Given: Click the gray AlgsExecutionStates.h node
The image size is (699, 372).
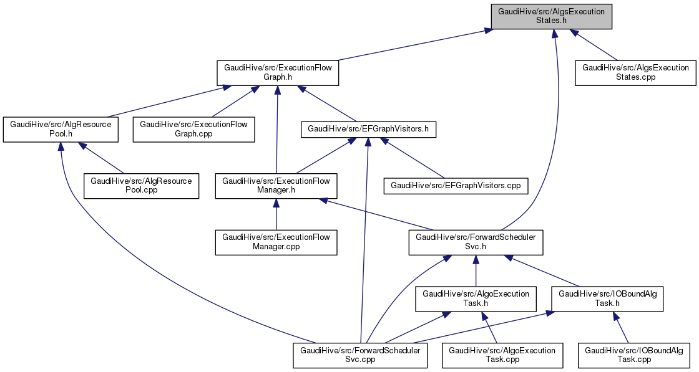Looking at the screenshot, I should [551, 16].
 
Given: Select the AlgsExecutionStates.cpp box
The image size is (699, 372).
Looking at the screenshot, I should [635, 73].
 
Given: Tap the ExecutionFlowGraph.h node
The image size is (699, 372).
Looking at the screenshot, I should [277, 73].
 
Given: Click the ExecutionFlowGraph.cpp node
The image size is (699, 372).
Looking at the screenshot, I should [193, 130].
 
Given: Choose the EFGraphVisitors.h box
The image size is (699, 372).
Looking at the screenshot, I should [368, 130].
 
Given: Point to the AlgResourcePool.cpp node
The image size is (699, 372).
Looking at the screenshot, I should [141, 186].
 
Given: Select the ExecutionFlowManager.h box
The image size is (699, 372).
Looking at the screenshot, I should [276, 186].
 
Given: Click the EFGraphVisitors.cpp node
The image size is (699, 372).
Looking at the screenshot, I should [456, 186].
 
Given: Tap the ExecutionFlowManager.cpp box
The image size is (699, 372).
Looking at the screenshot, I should [276, 242].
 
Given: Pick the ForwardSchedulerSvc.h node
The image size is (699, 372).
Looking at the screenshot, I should [476, 242].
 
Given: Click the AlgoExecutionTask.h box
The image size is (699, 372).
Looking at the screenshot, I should [476, 298].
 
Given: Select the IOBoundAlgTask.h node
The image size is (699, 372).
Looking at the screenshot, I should [607, 298].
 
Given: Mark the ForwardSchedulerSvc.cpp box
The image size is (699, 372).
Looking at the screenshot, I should [361, 355].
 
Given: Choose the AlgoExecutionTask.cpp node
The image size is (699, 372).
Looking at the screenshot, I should [502, 355].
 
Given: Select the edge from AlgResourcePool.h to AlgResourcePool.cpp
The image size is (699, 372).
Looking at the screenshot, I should [103, 160].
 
